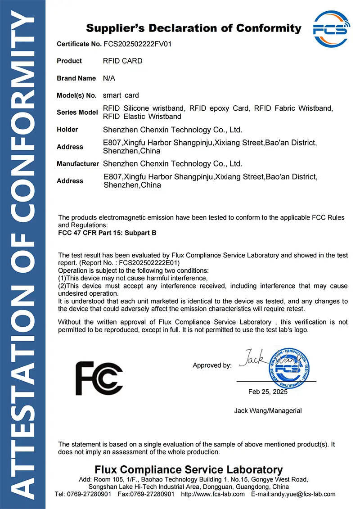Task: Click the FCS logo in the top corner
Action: pyautogui.click(x=331, y=30)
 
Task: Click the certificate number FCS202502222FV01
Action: pyautogui.click(x=137, y=44)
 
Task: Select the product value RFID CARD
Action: pyautogui.click(x=122, y=61)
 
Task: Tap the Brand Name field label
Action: pyautogui.click(x=76, y=78)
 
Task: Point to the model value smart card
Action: pyautogui.click(x=121, y=95)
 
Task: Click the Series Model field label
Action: pyautogui.click(x=77, y=113)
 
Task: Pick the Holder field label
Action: pyautogui.click(x=67, y=130)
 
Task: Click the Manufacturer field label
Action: pyautogui.click(x=77, y=164)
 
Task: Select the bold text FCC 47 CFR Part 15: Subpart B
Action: pyautogui.click(x=107, y=233)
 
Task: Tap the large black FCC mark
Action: pyautogui.click(x=99, y=378)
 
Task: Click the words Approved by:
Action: pyautogui.click(x=212, y=365)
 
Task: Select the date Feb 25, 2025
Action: pyautogui.click(x=268, y=392)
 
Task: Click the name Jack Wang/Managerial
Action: pyautogui.click(x=268, y=410)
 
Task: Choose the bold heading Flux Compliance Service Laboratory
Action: pyautogui.click(x=189, y=470)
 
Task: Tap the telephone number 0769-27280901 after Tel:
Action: pyautogui.click(x=90, y=494)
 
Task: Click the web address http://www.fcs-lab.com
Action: pyautogui.click(x=212, y=494)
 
